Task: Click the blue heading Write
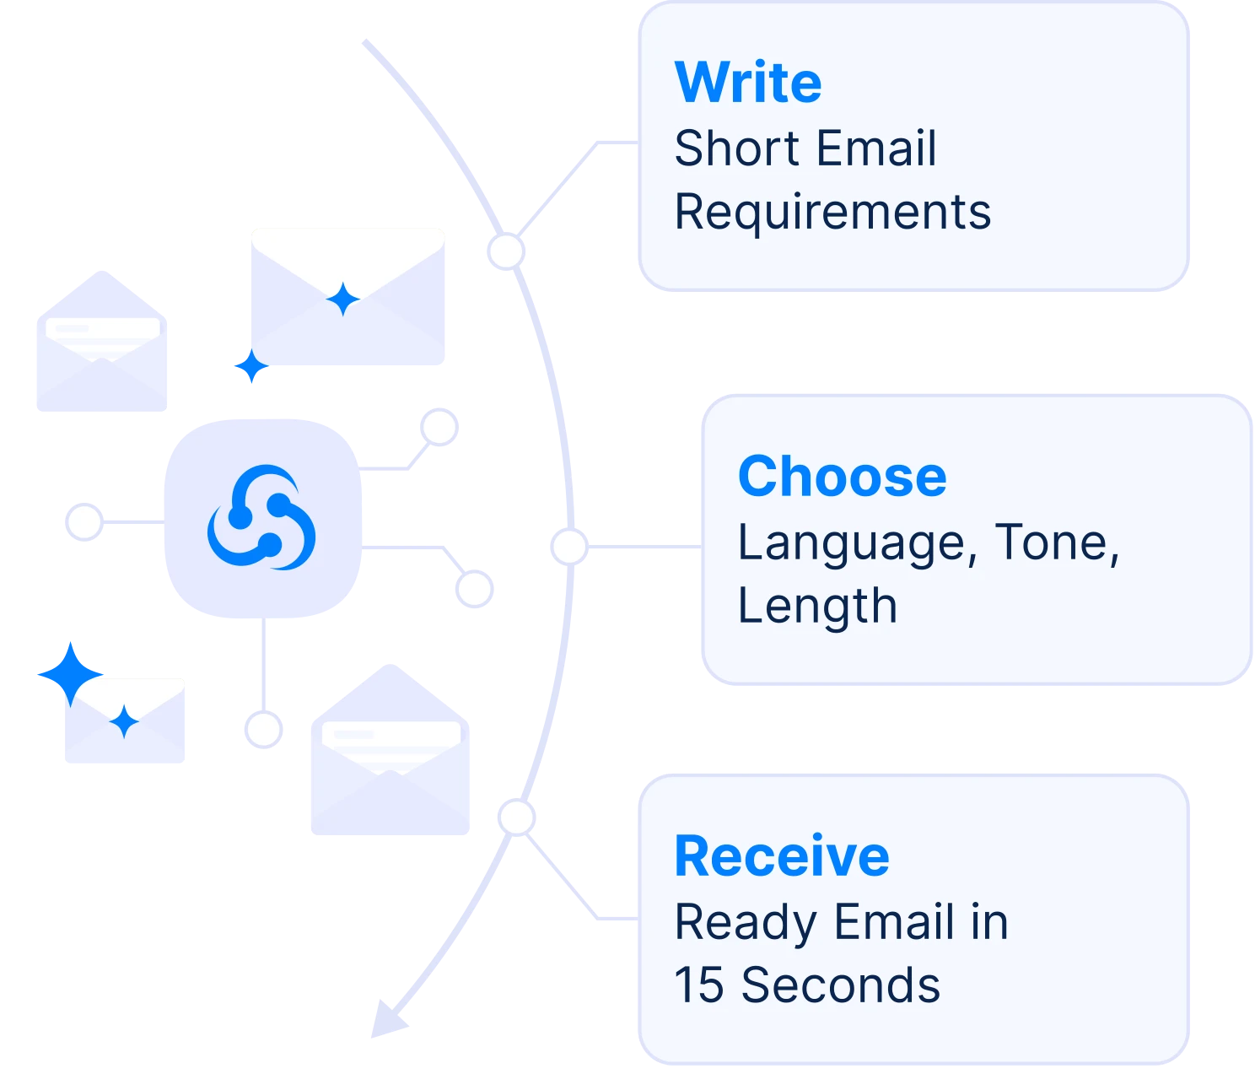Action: coord(748,83)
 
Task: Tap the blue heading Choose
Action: coord(842,477)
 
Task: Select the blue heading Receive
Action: coord(782,856)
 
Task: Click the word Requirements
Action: coord(832,212)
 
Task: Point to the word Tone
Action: coord(1057,542)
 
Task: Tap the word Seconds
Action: coord(840,985)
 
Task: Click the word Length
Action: coord(816,607)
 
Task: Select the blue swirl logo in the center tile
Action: coord(262,516)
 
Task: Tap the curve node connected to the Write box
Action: coord(505,251)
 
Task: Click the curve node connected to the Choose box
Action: coord(568,546)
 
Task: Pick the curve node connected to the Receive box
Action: coord(515,816)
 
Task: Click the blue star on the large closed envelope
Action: coord(343,299)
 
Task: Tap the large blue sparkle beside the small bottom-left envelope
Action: coord(70,674)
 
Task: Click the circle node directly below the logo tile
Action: coord(262,729)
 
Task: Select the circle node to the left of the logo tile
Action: coord(83,522)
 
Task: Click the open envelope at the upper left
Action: coord(100,346)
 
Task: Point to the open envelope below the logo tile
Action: coord(391,755)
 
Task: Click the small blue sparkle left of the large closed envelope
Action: coord(250,367)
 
